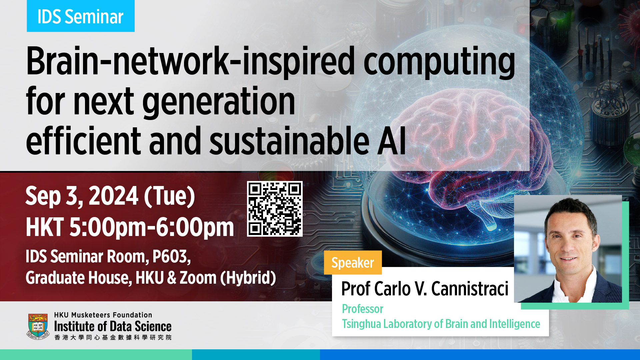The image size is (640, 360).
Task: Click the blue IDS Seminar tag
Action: coord(81,16)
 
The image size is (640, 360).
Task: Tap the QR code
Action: coord(275,209)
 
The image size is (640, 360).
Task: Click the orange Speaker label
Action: coord(353,263)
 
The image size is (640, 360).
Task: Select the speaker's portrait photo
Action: coord(568,249)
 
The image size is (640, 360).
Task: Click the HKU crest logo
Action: coord(38,326)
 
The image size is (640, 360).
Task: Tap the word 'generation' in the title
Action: coord(219,102)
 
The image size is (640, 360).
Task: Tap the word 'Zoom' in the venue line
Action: coord(198,278)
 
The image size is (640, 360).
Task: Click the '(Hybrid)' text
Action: coord(248,278)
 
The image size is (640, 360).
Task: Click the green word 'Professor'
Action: coord(363,309)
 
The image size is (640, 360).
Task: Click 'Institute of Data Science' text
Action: coord(113,326)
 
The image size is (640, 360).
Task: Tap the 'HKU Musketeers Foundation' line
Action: coord(103,315)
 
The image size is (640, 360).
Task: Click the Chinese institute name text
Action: coord(113,337)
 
